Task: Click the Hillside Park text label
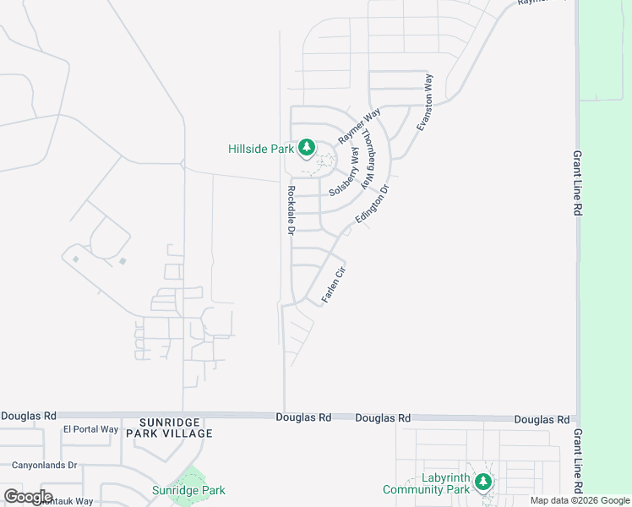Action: click(x=261, y=150)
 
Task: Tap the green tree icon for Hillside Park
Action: click(x=307, y=149)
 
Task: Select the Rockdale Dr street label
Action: click(x=291, y=210)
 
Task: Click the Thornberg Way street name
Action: click(x=368, y=158)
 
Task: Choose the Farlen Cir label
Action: click(x=335, y=285)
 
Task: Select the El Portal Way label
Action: click(x=90, y=429)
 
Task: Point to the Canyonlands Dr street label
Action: click(x=44, y=465)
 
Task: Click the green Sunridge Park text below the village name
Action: click(x=188, y=490)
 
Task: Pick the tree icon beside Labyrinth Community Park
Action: click(x=482, y=482)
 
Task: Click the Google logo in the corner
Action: click(x=27, y=497)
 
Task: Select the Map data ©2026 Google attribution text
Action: click(x=580, y=500)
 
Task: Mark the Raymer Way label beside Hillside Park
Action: click(x=359, y=125)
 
